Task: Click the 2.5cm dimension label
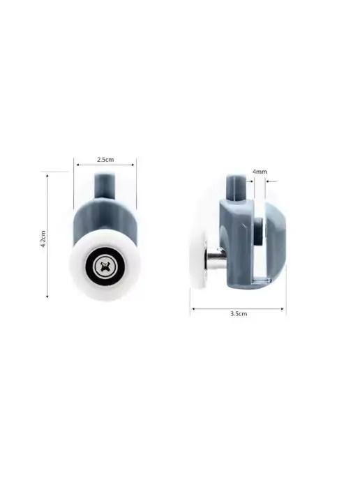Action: point(105,160)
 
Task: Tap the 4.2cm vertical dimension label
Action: point(43,239)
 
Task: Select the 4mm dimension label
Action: point(260,172)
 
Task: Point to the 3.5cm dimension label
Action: point(239,314)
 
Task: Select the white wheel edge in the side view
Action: point(198,260)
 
